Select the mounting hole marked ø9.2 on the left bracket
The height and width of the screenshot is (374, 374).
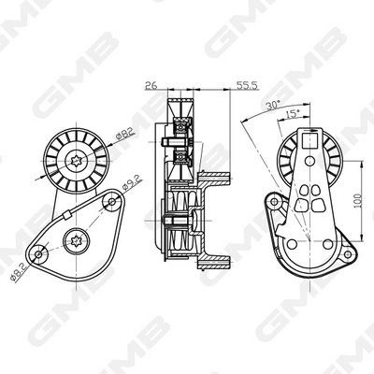[114, 200]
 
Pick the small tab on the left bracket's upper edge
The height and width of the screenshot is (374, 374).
[67, 215]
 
